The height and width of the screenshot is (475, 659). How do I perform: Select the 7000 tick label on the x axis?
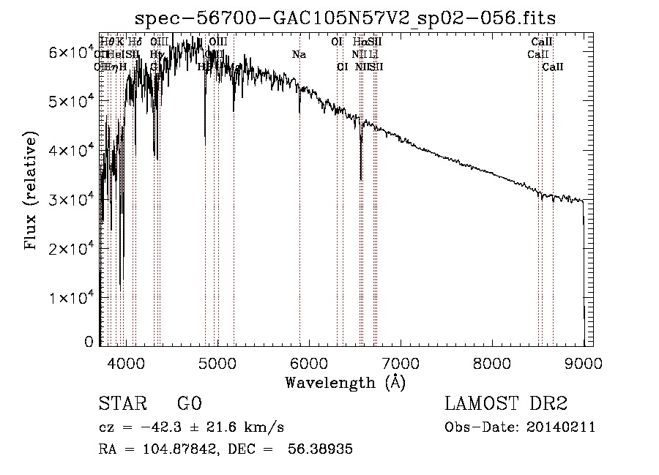(x=401, y=363)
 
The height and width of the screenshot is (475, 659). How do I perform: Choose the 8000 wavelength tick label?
(x=492, y=363)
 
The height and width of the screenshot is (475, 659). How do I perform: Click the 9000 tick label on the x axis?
(x=584, y=363)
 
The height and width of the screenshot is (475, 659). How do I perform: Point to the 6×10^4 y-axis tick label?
(x=71, y=52)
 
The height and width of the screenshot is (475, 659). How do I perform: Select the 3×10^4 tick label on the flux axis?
(x=71, y=199)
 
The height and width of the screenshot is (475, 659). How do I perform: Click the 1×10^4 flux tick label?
(x=71, y=298)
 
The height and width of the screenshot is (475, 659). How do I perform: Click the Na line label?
(x=299, y=54)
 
